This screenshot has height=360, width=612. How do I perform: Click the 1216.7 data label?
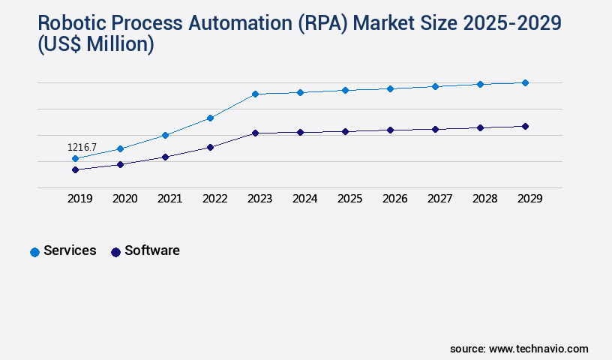[82, 148]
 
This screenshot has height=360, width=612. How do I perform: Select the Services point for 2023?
[255, 94]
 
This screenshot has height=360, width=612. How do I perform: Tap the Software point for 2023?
[255, 133]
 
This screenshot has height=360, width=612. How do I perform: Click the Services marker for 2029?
[525, 82]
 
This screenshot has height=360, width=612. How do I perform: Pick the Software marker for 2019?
[75, 169]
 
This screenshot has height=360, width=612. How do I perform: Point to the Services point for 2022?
[210, 118]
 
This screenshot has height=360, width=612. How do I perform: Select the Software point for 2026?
[390, 130]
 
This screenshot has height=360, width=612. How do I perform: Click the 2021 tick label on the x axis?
[169, 199]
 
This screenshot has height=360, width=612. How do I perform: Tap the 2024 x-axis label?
[304, 199]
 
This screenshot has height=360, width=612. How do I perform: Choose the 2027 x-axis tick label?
[439, 199]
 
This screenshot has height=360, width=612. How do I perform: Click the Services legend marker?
[34, 252]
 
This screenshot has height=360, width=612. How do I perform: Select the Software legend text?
[152, 250]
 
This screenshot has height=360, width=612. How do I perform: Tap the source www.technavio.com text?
[519, 349]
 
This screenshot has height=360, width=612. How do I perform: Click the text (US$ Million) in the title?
[95, 45]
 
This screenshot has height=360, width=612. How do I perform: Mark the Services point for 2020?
[120, 148]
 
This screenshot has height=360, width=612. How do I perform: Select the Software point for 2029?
[525, 126]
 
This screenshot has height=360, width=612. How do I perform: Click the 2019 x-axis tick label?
[79, 199]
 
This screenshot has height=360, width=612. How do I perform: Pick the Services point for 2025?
[345, 90]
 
